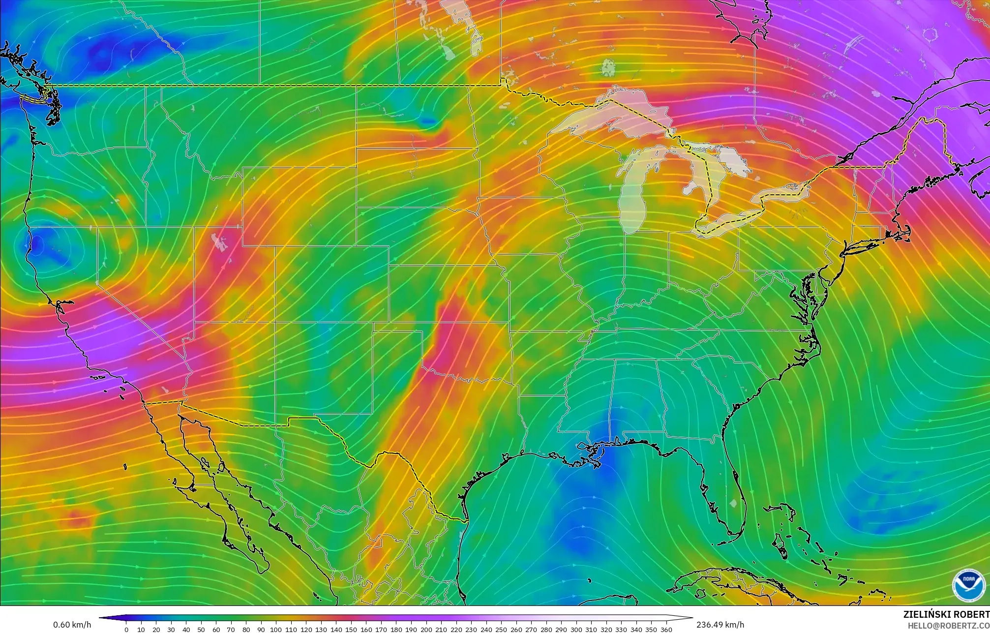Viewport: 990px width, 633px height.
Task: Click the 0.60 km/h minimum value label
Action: tap(72, 625)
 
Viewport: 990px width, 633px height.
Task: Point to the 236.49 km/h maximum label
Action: tap(720, 625)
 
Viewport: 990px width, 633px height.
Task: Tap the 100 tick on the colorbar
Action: tap(276, 630)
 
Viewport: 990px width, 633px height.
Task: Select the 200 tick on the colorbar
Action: tap(426, 630)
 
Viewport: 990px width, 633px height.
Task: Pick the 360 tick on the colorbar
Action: tap(666, 630)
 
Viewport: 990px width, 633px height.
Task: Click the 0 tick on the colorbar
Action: tap(126, 630)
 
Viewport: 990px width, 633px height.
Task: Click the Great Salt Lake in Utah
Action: tap(219, 242)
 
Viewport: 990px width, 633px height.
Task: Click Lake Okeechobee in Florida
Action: tap(734, 503)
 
